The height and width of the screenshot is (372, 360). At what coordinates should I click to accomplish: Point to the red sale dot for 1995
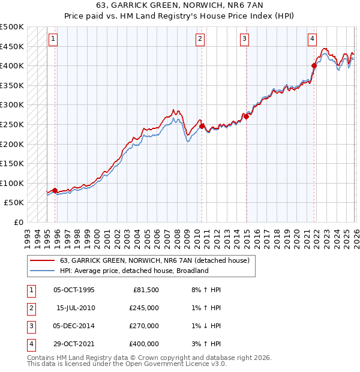[55, 190]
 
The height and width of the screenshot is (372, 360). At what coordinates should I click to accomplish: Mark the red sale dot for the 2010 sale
[202, 127]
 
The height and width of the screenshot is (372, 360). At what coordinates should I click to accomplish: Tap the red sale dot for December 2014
[246, 116]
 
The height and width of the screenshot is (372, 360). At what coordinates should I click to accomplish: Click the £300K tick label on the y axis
[12, 105]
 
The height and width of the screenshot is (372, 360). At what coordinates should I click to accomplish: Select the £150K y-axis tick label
[12, 163]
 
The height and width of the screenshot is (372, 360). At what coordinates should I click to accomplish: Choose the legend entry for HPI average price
[133, 271]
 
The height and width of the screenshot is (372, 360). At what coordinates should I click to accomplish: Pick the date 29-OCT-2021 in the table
[74, 344]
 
